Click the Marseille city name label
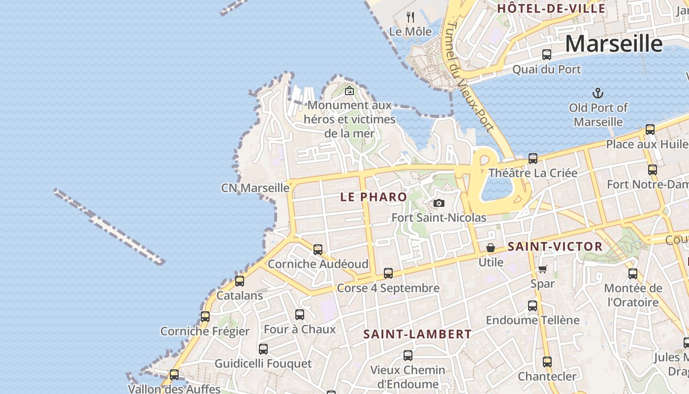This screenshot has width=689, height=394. click(614, 44)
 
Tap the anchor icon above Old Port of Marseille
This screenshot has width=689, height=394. click(598, 93)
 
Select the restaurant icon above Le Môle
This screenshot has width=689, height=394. click(410, 17)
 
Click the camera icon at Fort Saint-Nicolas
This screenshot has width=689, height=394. click(439, 203)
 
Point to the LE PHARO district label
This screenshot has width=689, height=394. click(374, 197)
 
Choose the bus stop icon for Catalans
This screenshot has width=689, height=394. click(240, 281)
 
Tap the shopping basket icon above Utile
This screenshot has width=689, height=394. click(491, 248)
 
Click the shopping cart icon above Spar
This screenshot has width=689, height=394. click(542, 269)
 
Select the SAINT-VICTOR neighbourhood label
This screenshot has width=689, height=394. click(555, 247)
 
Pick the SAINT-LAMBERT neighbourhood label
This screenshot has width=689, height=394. click(417, 334)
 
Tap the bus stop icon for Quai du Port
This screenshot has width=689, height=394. click(546, 55)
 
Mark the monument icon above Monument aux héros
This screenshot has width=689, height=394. click(349, 91)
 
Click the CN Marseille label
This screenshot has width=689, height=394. click(255, 188)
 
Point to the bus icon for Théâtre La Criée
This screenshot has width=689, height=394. click(533, 159)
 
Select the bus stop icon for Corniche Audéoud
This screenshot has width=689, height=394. click(318, 249)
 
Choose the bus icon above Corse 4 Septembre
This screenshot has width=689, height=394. click(388, 273)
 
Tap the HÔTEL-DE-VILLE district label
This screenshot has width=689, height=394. click(551, 8)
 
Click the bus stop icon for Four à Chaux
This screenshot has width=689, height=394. click(300, 315)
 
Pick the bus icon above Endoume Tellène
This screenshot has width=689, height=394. click(532, 306)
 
